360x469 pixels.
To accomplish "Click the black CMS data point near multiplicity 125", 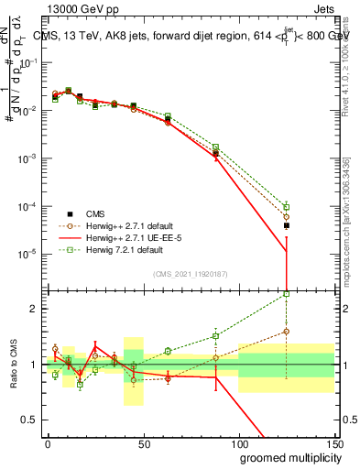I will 286,225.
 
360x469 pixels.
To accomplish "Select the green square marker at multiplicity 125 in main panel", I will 286,207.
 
